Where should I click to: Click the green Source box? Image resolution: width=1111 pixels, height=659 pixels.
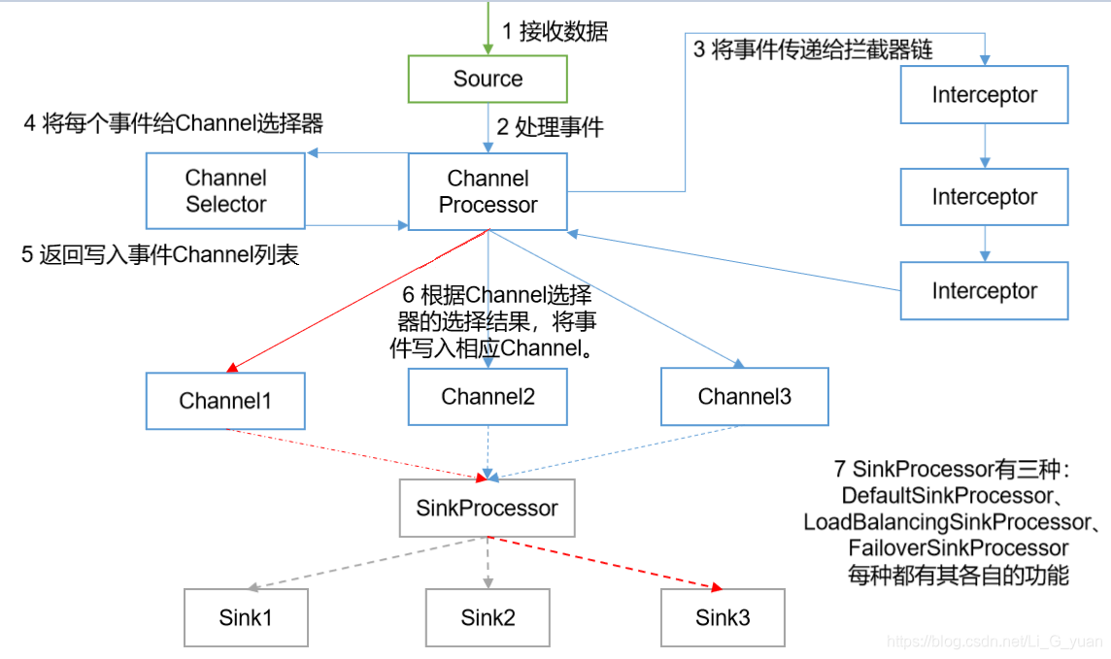tap(488, 79)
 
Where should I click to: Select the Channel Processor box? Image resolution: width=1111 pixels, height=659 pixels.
tap(488, 191)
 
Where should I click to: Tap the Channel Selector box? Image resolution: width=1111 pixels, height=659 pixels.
tap(225, 191)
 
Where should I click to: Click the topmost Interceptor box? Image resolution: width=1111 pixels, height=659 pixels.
tap(984, 95)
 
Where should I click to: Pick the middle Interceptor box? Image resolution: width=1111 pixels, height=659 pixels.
tap(984, 197)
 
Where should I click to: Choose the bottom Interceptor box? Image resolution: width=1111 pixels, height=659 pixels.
tap(984, 291)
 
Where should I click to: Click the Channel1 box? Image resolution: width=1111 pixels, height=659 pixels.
tap(225, 401)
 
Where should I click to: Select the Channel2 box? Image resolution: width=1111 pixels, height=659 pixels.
tap(488, 396)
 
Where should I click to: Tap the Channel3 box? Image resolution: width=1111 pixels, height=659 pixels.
tap(744, 396)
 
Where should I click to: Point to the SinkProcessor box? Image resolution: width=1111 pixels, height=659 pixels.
tap(488, 508)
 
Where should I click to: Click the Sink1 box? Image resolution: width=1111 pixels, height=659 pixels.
tap(246, 618)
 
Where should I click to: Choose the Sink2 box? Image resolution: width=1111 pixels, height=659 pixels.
tap(488, 618)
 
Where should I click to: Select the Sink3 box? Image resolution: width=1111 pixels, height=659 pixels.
tap(723, 618)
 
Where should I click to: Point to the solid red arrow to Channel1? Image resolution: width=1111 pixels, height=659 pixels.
tap(359, 301)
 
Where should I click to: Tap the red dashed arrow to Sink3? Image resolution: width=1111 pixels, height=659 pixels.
tap(607, 563)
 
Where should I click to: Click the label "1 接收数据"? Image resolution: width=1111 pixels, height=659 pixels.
tap(555, 31)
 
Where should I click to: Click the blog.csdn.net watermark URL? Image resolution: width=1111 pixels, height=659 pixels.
tap(995, 642)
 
